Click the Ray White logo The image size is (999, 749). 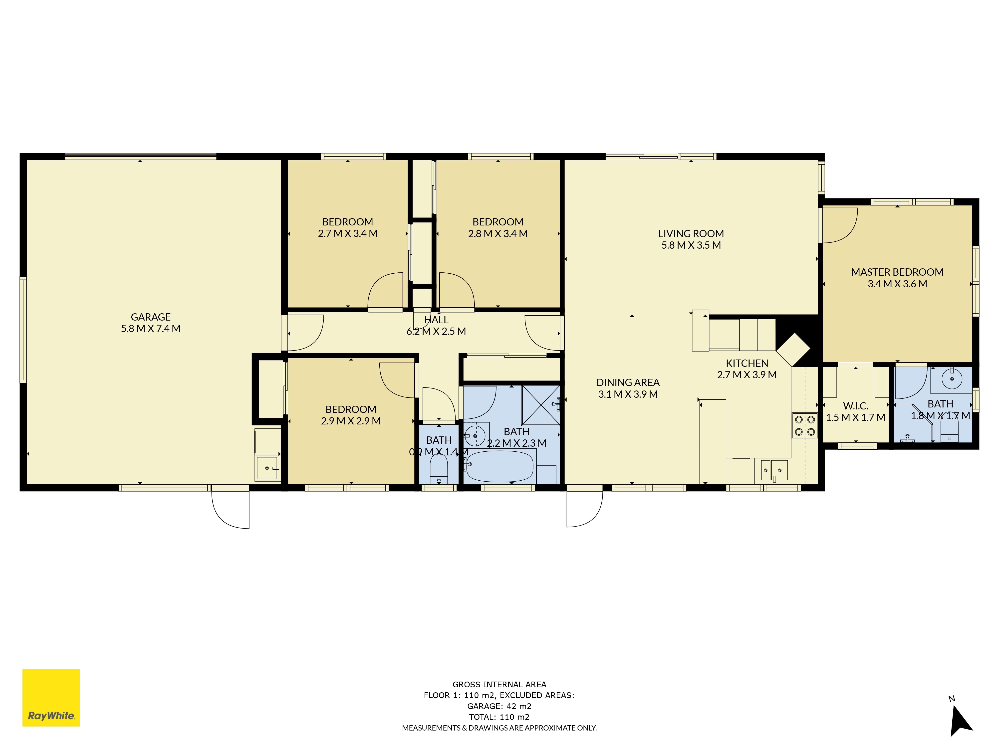(x=51, y=698)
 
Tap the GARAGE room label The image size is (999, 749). (x=151, y=317)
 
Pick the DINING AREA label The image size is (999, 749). (x=628, y=382)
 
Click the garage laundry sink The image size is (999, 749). (x=267, y=468)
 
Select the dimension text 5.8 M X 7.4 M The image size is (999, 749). (x=151, y=329)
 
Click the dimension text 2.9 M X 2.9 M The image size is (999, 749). (x=351, y=421)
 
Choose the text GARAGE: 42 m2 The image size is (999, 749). (x=499, y=706)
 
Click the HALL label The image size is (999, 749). (x=436, y=320)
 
